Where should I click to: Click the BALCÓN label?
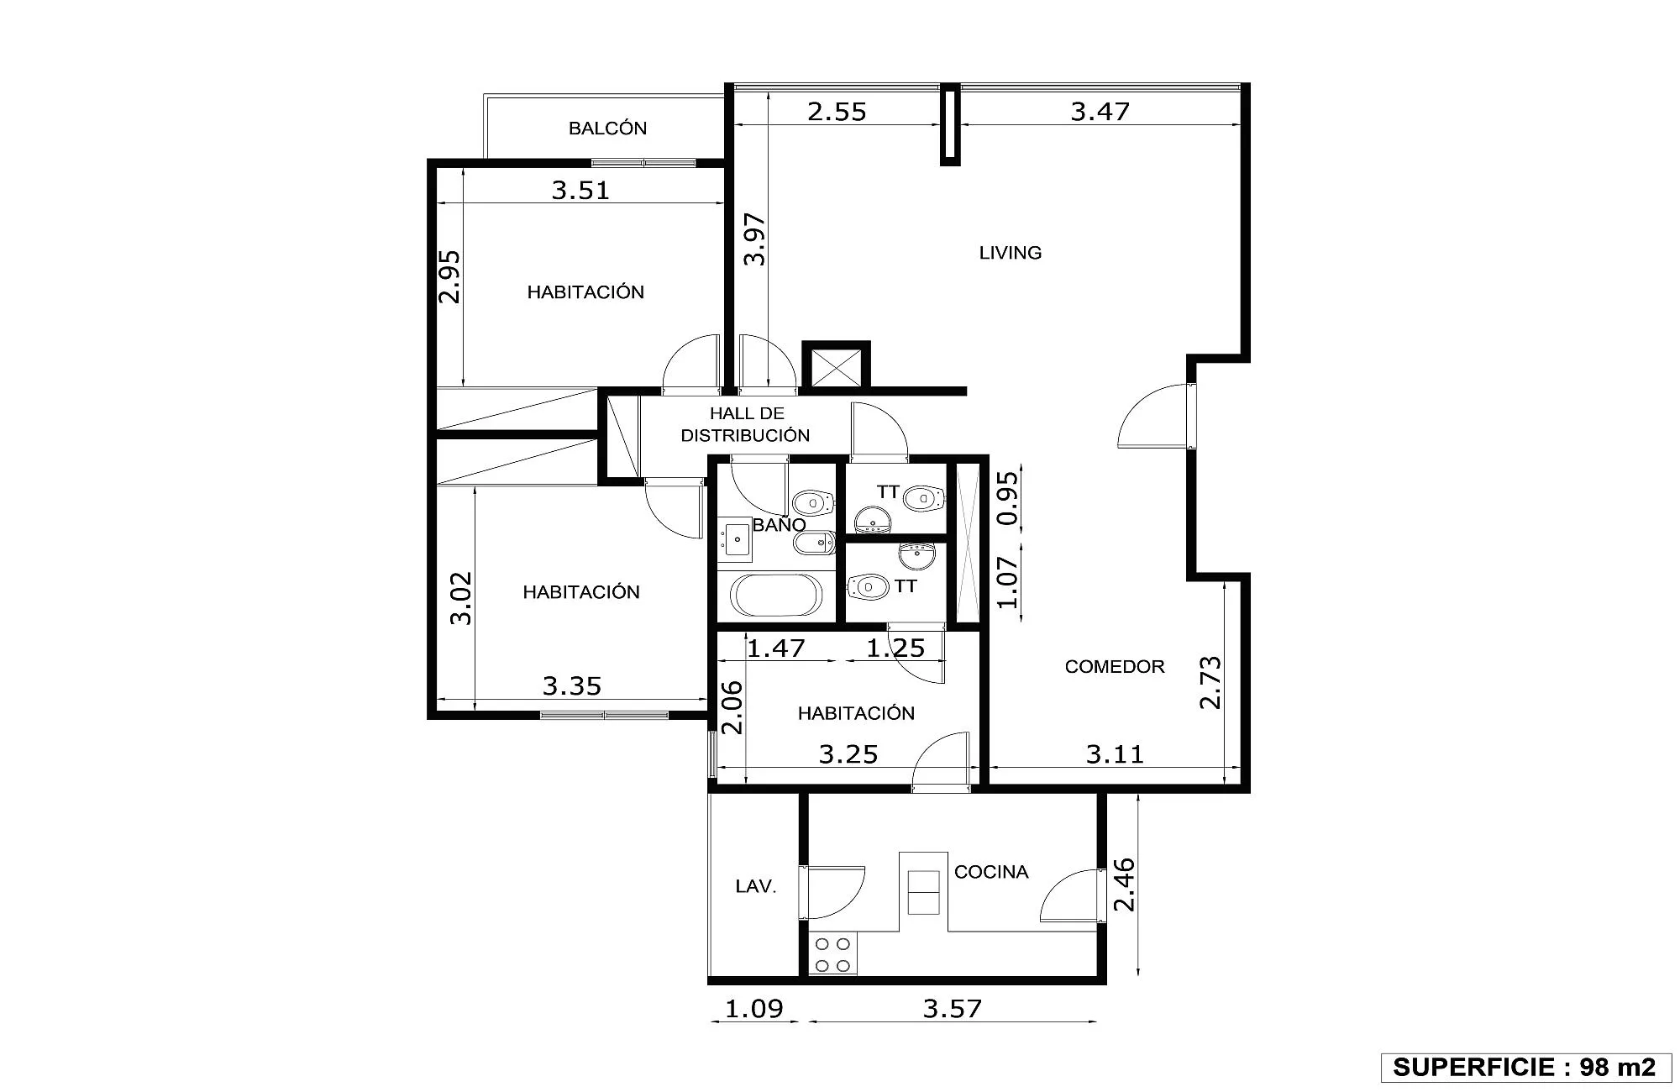click(607, 129)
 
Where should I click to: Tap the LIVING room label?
click(1011, 253)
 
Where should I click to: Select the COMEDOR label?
click(1115, 667)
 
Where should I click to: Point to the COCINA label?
click(991, 872)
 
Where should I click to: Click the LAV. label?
click(756, 886)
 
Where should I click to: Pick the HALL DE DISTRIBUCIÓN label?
click(745, 424)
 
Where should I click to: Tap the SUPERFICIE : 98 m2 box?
click(1525, 1067)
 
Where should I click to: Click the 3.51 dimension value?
click(580, 191)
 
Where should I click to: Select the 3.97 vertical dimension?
click(756, 239)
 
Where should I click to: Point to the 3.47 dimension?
click(1100, 112)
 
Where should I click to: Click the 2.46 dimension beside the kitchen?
click(1124, 885)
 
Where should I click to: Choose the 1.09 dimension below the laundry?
click(754, 1008)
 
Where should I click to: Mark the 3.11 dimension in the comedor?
click(1115, 754)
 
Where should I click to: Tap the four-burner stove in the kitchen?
click(832, 954)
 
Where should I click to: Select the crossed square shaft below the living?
click(836, 366)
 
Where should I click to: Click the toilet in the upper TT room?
click(924, 498)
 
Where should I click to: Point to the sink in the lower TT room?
click(916, 555)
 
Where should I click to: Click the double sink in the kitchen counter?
click(924, 892)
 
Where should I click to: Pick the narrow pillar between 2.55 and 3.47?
click(950, 124)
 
